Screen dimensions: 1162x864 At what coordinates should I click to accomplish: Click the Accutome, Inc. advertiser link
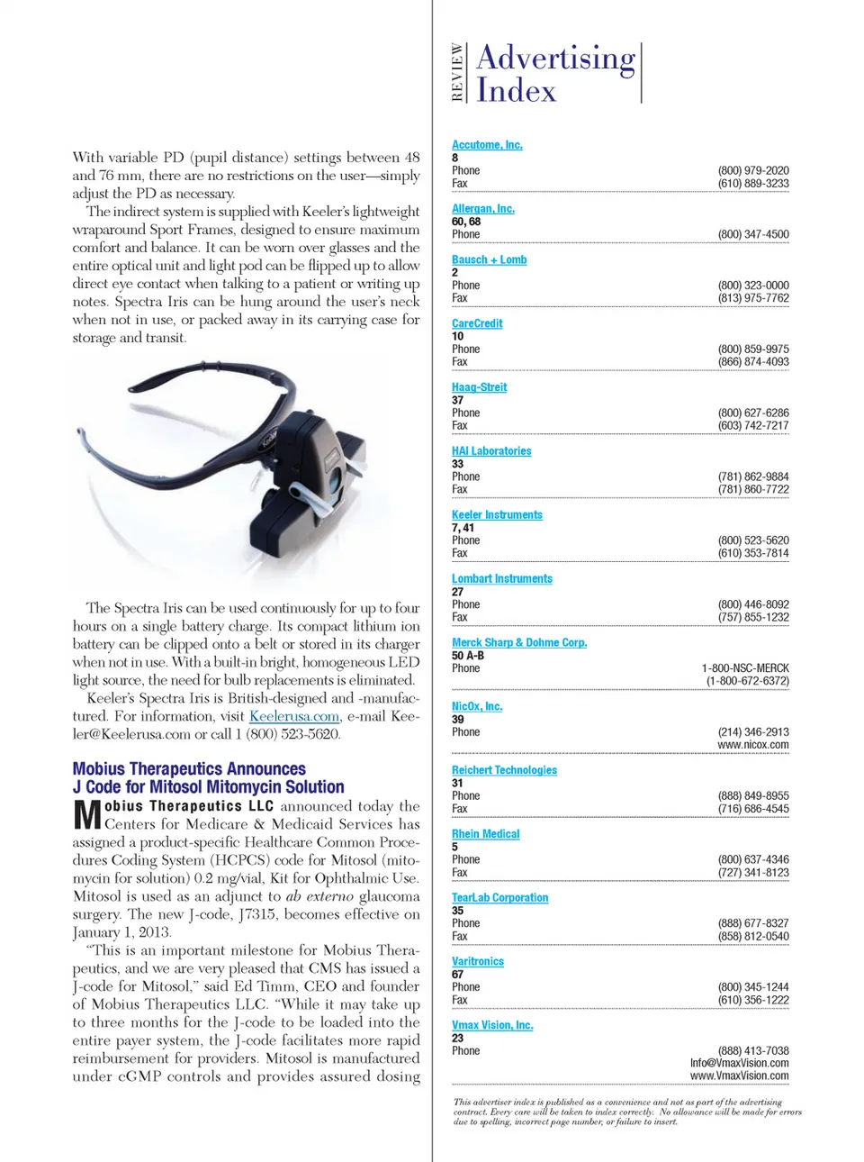(487, 145)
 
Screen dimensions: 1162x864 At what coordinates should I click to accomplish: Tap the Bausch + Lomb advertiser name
(489, 259)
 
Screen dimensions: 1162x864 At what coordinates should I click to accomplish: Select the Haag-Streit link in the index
(479, 387)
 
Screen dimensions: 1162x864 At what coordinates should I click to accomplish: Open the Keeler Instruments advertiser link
(497, 515)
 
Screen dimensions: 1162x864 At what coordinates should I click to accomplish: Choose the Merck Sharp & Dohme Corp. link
(519, 643)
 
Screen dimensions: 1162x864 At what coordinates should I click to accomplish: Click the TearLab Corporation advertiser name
(499, 898)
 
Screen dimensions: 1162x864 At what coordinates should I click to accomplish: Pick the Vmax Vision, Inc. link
(492, 1025)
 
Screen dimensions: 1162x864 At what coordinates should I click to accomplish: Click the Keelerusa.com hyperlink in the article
(294, 716)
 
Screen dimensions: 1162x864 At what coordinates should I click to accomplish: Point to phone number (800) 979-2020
(753, 170)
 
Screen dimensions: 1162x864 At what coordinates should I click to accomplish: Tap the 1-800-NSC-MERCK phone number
(745, 668)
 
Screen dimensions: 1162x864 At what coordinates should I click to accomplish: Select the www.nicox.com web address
(752, 745)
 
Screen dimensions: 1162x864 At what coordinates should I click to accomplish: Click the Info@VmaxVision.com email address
(739, 1063)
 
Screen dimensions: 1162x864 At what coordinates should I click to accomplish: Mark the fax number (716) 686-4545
(753, 809)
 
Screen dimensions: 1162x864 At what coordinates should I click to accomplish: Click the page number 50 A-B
(468, 656)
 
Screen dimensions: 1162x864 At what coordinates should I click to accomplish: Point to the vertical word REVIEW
(457, 72)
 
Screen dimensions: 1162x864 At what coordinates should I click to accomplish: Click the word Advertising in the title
(555, 58)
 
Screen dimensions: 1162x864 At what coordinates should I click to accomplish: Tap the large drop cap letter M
(87, 814)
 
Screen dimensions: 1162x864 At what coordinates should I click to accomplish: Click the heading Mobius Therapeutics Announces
(189, 769)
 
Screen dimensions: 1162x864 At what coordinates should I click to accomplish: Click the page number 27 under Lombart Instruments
(457, 592)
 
